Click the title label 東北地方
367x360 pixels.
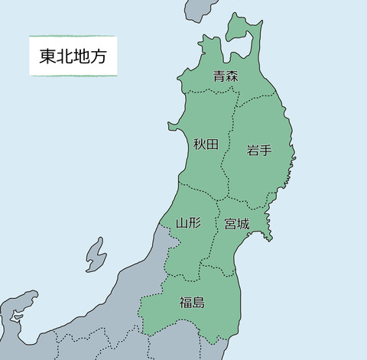(73, 56)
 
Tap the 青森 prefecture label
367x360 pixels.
(226, 76)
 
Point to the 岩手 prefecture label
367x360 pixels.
(259, 151)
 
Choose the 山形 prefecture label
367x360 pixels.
(188, 223)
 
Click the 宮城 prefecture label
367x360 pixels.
(236, 224)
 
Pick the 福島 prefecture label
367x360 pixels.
(192, 302)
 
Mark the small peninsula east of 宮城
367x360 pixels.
(267, 230)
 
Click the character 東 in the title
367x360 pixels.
(47, 56)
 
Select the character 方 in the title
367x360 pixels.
(99, 56)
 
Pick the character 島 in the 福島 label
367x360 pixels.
(199, 302)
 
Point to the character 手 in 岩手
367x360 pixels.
(266, 151)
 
